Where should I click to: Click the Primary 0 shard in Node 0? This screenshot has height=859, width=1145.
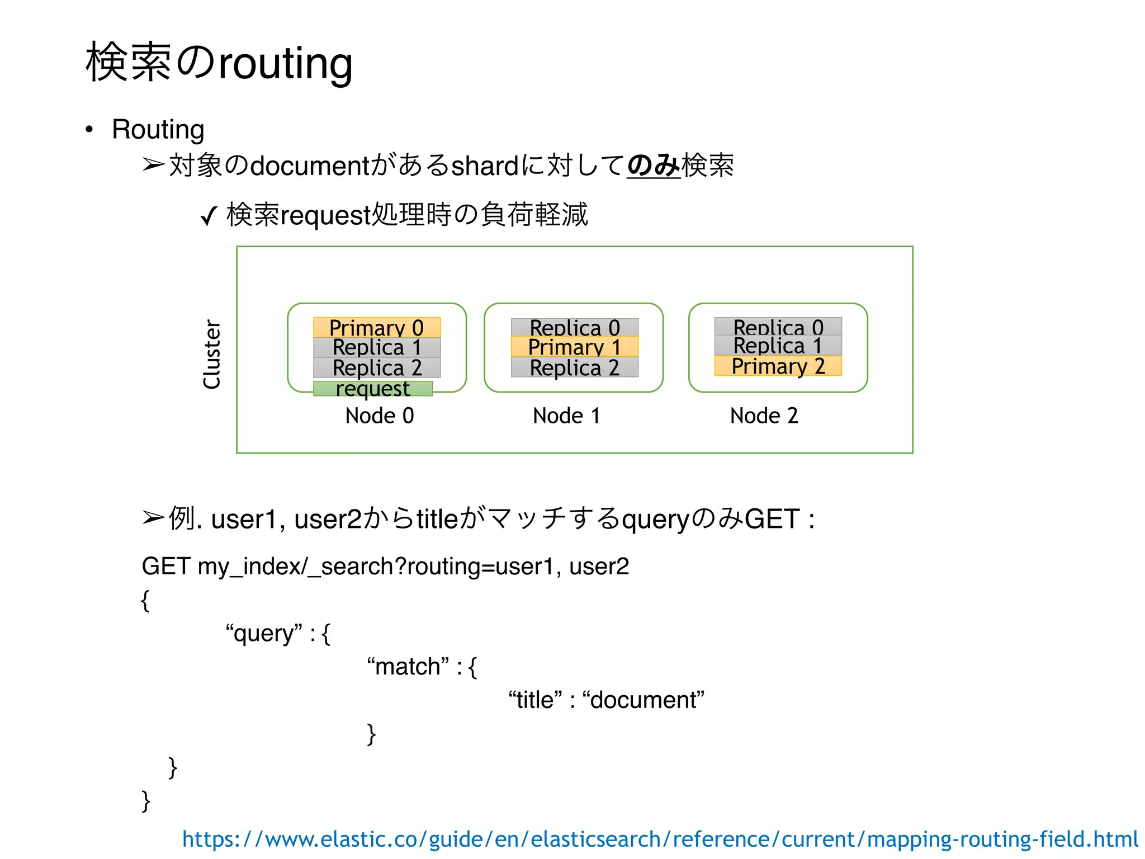(377, 327)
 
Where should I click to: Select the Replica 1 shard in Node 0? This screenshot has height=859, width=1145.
(377, 347)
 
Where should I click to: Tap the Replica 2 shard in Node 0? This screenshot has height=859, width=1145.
(377, 368)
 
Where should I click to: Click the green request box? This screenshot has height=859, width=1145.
(373, 389)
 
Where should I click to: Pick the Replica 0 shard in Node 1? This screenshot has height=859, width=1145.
(575, 327)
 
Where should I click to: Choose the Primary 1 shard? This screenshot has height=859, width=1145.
(575, 347)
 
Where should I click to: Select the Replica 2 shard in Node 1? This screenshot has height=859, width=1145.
(575, 367)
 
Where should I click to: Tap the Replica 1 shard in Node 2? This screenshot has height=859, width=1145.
(778, 346)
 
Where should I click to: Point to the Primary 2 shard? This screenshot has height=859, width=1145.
(778, 366)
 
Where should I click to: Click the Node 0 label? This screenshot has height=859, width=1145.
(380, 416)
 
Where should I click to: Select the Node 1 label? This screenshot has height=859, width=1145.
(566, 416)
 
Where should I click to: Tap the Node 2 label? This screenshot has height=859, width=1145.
(764, 416)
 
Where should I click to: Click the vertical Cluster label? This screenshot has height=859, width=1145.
(212, 354)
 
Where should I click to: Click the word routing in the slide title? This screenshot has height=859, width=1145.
(285, 63)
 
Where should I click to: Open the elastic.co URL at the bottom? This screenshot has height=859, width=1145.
(660, 839)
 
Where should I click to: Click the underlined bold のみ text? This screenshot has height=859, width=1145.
(653, 166)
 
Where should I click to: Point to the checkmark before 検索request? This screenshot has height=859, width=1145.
(209, 215)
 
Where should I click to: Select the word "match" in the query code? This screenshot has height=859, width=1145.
(408, 667)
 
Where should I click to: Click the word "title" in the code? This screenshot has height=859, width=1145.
(535, 700)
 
